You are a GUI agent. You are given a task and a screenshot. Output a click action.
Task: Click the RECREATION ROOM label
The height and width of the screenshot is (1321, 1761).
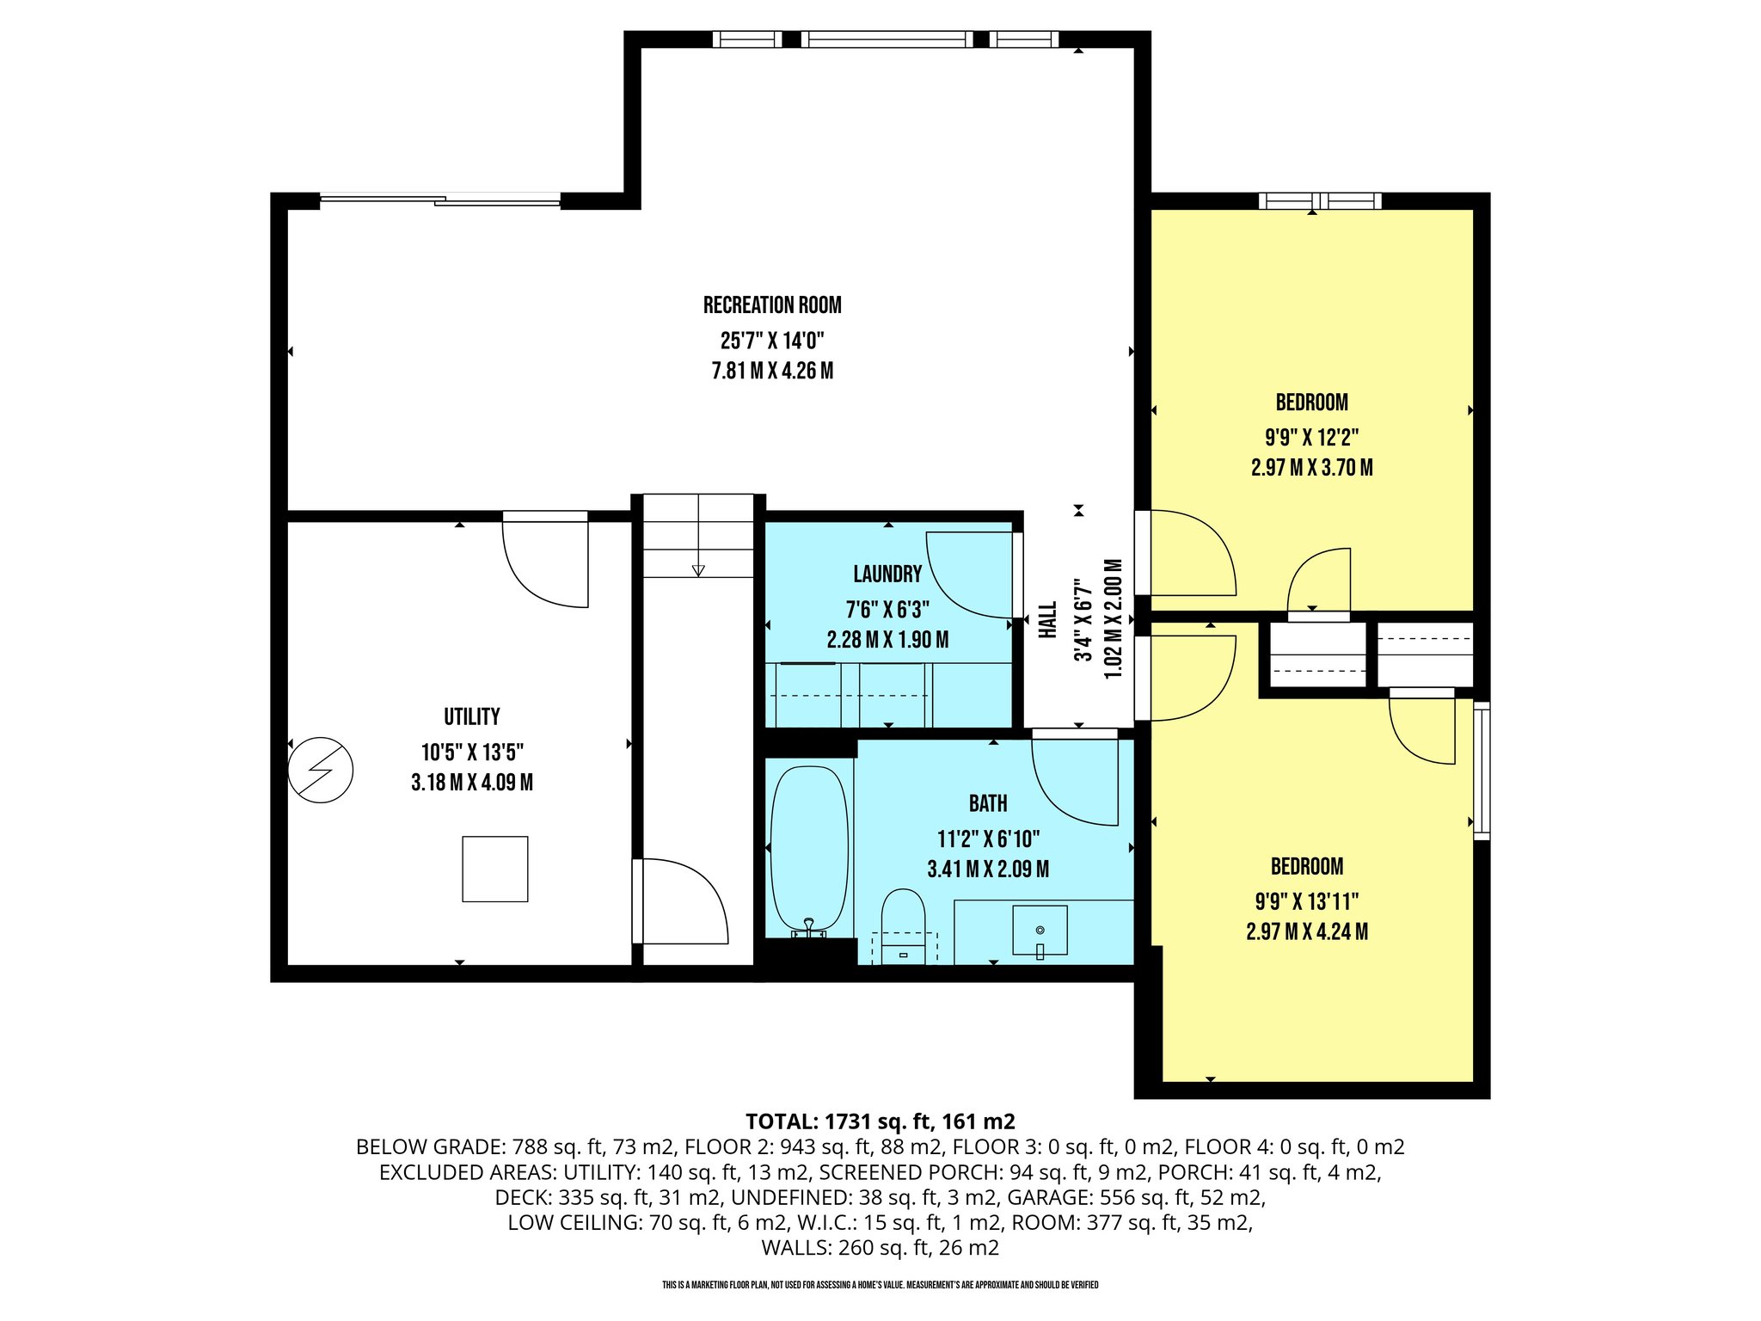coord(771,305)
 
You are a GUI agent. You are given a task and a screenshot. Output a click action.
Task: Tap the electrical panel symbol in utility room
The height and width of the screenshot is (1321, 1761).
coord(320,770)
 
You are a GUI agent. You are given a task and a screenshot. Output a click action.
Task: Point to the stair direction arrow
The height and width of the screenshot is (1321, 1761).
coord(698,570)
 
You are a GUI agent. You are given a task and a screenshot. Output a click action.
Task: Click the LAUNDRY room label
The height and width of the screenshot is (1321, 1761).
coord(887,574)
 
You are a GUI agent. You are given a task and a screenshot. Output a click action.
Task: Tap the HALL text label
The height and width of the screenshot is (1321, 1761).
coord(1047,619)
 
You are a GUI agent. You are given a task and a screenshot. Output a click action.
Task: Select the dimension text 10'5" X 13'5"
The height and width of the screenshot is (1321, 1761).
coord(472,753)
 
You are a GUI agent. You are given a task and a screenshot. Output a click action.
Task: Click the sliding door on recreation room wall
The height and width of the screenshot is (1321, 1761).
coord(440,200)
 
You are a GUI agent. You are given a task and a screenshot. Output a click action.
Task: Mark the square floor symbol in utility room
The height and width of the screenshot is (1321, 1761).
coord(494,869)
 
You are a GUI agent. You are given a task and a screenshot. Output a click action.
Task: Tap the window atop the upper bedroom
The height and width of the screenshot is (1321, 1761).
coord(1320,201)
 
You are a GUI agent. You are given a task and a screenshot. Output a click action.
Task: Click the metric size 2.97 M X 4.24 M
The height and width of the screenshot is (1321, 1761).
coord(1307,932)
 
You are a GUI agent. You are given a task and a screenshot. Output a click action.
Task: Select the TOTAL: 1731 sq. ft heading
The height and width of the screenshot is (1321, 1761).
coord(880,1121)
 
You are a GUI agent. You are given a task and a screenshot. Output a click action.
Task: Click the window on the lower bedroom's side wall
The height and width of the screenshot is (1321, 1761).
coord(1482,771)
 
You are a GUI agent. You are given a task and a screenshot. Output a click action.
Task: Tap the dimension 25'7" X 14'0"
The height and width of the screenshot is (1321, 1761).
coord(771,341)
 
